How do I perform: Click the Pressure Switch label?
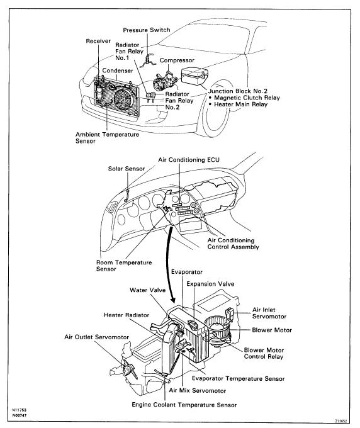click(x=147, y=30)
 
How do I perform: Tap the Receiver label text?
click(x=98, y=41)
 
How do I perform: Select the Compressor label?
click(x=177, y=60)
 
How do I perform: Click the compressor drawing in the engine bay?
click(x=164, y=81)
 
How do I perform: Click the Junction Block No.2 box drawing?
click(x=194, y=76)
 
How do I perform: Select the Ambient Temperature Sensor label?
click(x=107, y=138)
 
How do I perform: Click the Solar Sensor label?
click(x=127, y=169)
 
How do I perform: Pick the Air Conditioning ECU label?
click(x=189, y=160)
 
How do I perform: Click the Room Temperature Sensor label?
click(x=124, y=266)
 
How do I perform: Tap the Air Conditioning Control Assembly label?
click(x=233, y=244)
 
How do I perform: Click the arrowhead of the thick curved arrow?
click(x=173, y=300)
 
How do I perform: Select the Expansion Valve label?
click(x=210, y=284)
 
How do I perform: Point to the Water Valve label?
click(x=148, y=290)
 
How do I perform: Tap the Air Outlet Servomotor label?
click(x=97, y=337)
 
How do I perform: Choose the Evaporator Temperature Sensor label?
click(x=239, y=379)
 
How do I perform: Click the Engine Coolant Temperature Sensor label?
click(x=184, y=405)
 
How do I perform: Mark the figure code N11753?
click(x=20, y=410)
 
